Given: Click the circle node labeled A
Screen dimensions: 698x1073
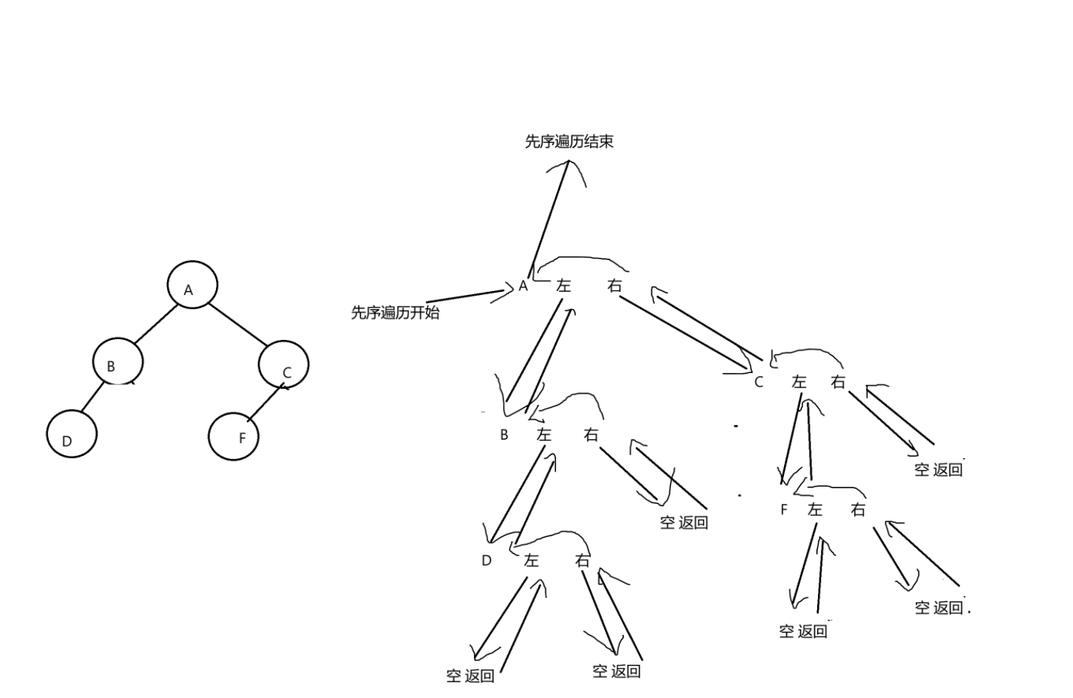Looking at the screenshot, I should (x=192, y=285).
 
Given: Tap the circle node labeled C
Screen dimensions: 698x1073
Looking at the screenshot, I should (x=284, y=365).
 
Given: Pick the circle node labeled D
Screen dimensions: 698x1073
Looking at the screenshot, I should (x=71, y=434).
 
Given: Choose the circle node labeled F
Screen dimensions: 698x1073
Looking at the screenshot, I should (x=233, y=435).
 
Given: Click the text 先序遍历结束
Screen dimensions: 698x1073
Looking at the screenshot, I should (x=569, y=141).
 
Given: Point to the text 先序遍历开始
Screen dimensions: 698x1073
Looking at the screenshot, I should (x=395, y=312).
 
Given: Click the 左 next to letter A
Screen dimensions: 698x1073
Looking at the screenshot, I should (x=564, y=286).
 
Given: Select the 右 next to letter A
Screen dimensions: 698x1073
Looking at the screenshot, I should (x=616, y=286).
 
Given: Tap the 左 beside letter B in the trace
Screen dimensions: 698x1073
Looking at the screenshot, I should (x=544, y=435).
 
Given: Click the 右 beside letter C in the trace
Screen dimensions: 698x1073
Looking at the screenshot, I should (x=838, y=382).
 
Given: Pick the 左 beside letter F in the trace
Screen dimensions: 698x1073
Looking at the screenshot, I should (x=815, y=510).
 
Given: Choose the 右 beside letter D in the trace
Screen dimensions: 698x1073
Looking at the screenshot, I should (x=582, y=560).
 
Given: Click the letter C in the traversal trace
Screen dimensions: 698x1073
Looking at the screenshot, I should (x=758, y=382).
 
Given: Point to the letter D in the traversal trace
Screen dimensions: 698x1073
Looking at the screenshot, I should (x=486, y=560).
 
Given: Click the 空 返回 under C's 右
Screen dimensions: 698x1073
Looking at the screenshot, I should (x=938, y=470).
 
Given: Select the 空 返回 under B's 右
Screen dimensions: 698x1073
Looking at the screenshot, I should (x=684, y=523).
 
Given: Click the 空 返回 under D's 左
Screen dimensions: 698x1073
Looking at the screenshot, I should (x=470, y=676).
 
